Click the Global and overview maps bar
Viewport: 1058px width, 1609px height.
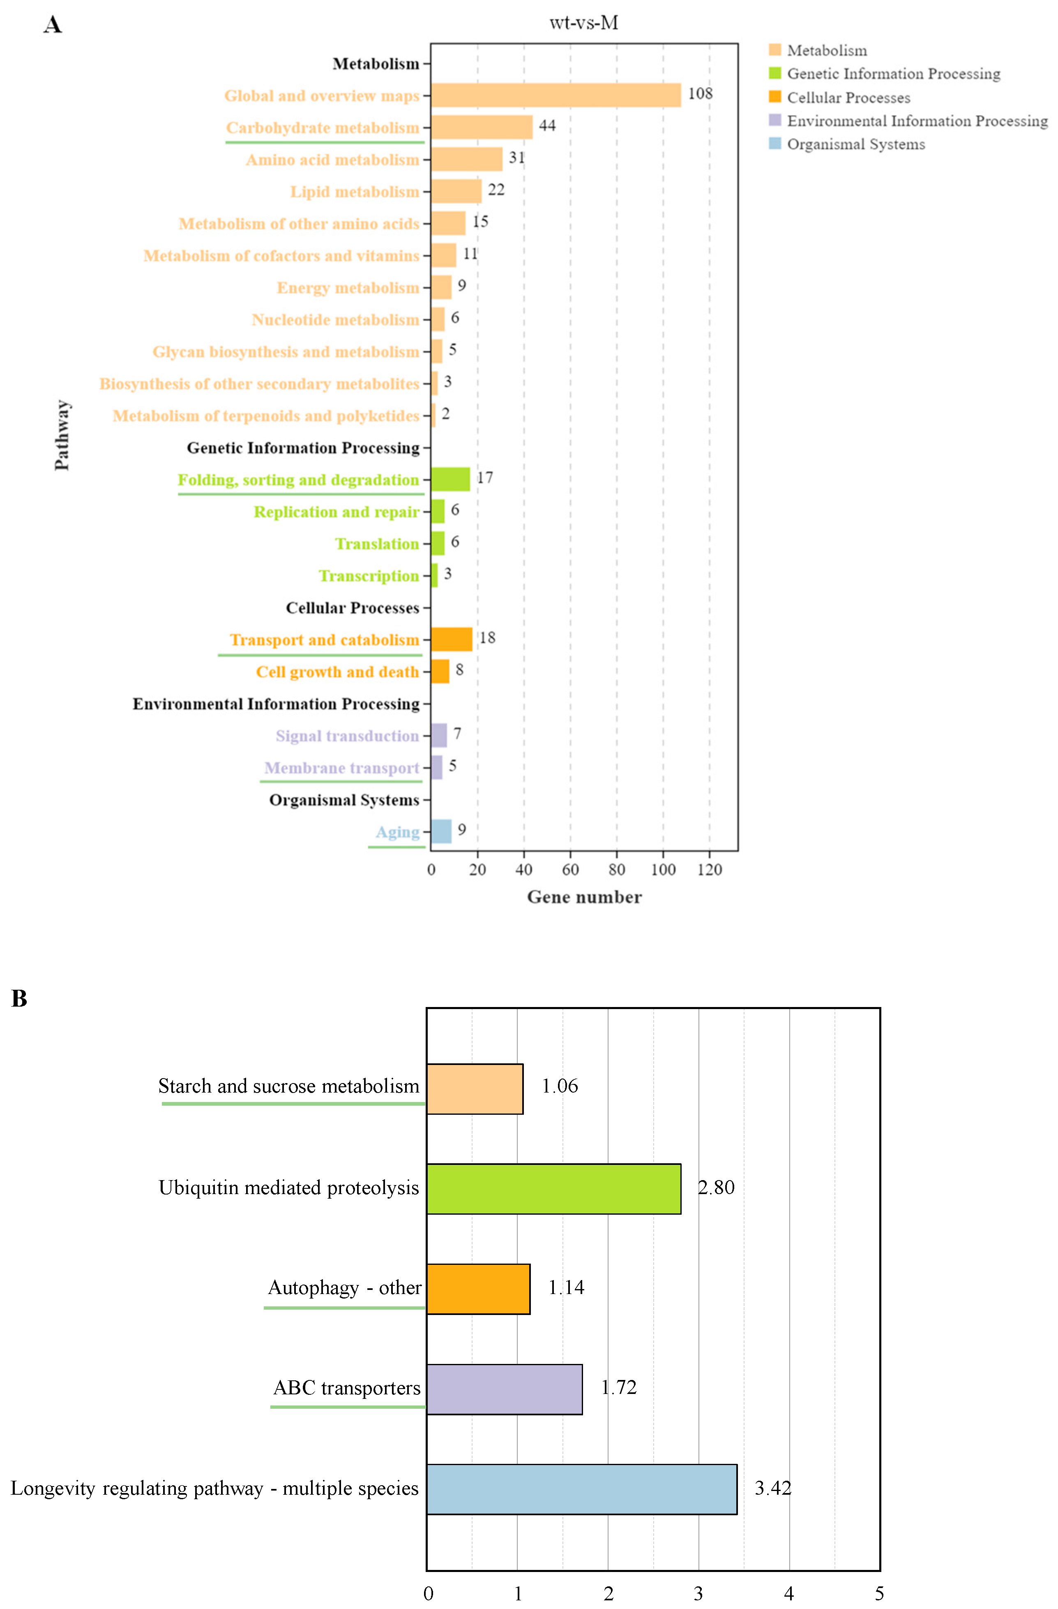(x=556, y=95)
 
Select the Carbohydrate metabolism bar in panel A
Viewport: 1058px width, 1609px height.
(x=482, y=127)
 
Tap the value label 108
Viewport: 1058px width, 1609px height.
(x=700, y=93)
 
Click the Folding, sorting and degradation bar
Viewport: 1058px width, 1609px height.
(x=450, y=479)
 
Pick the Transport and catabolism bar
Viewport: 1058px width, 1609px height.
(x=451, y=639)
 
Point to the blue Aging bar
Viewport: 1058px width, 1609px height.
(x=441, y=831)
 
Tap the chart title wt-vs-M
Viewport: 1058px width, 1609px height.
(x=584, y=23)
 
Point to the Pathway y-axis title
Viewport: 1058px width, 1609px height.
(x=62, y=435)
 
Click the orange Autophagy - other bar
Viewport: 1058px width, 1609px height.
(x=478, y=1289)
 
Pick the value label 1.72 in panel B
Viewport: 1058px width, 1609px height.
(x=618, y=1388)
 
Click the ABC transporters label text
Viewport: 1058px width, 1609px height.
(x=347, y=1388)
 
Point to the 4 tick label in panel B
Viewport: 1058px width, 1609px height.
(x=788, y=1593)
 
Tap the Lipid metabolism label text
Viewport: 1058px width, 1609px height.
(x=355, y=192)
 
